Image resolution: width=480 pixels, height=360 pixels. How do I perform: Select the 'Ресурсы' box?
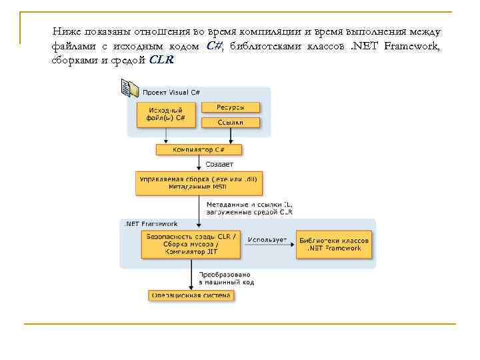(x=230, y=107)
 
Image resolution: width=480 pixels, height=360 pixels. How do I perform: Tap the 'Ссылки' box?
(x=230, y=122)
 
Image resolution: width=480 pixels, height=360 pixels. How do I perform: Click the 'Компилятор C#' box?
(x=199, y=149)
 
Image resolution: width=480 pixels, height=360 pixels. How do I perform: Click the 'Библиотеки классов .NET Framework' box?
(x=334, y=244)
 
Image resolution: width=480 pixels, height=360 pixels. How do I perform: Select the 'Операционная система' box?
(x=191, y=295)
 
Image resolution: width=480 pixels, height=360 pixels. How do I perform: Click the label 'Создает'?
(x=219, y=163)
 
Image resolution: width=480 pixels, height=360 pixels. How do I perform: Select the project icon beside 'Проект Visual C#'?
(x=129, y=87)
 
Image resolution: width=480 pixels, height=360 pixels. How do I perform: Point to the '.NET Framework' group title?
(x=141, y=223)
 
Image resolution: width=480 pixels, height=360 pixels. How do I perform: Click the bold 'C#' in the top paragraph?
(x=214, y=46)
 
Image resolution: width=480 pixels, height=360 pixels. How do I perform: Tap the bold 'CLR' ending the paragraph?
(x=161, y=59)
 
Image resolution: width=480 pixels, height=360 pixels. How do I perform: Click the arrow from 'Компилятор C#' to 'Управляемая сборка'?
(x=199, y=163)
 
